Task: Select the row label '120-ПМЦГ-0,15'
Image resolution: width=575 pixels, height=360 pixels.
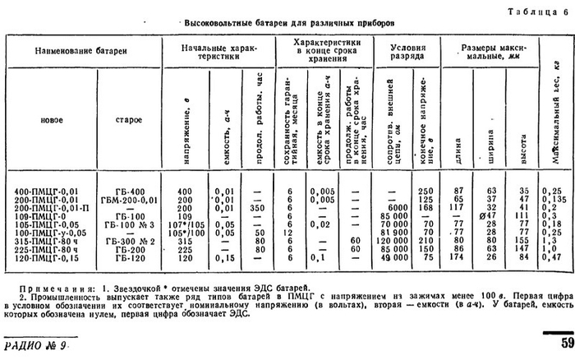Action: [47, 256]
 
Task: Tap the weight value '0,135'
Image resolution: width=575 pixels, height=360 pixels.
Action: [556, 199]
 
